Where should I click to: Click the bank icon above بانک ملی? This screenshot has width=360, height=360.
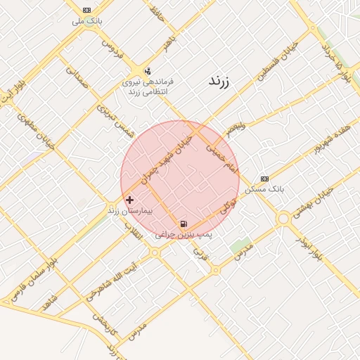point(86,10)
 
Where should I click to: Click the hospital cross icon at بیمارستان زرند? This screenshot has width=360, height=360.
point(129,200)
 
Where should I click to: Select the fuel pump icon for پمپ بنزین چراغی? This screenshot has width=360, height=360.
point(184,224)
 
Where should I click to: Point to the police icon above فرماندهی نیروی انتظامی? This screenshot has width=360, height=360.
point(147,71)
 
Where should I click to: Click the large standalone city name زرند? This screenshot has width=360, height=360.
point(224,81)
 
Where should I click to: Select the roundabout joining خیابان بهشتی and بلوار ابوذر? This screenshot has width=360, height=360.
point(284,219)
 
